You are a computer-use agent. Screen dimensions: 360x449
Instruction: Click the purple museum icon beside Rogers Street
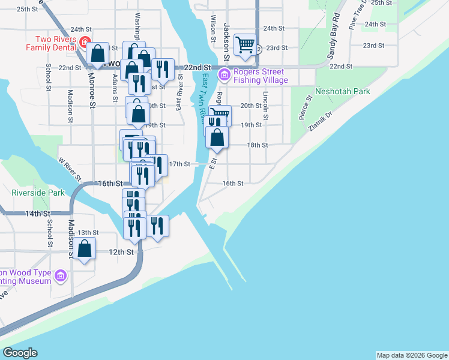click(x=224, y=75)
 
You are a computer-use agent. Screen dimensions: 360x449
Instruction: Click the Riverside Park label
click(x=38, y=193)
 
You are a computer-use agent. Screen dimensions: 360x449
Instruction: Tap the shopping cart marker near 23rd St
click(x=245, y=44)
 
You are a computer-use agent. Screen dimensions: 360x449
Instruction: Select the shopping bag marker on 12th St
click(x=85, y=248)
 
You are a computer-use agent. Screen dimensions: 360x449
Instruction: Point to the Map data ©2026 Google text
click(x=412, y=355)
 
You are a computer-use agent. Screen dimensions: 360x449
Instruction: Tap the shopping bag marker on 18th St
click(x=217, y=137)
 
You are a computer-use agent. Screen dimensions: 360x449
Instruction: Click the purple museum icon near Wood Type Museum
click(x=60, y=276)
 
